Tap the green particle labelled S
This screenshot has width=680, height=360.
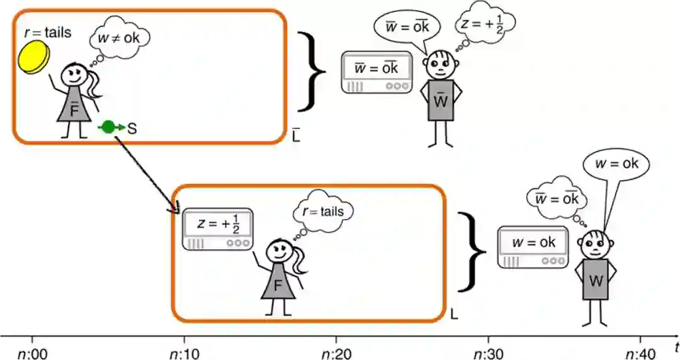108,128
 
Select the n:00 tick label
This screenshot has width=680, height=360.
32,352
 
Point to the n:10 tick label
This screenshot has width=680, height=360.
184,352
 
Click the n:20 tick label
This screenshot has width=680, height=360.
336,352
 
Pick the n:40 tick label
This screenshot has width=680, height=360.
640,352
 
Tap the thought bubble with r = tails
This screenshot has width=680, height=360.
323,211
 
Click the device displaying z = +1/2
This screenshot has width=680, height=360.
218,228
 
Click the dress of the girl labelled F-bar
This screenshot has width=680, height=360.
75,107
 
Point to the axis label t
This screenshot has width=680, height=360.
674,346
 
